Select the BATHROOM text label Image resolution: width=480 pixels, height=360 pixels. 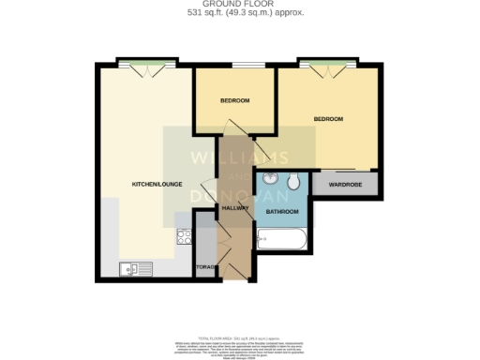tap(282, 212)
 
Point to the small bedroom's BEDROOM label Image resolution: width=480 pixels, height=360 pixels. tap(234, 100)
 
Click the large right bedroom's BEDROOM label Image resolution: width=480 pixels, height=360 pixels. tap(328, 119)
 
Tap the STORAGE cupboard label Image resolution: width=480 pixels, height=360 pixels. tap(206, 268)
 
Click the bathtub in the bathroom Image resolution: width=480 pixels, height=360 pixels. tap(282, 241)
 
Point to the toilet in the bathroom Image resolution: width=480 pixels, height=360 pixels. tap(293, 180)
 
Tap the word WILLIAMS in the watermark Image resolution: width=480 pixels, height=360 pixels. tap(239, 157)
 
